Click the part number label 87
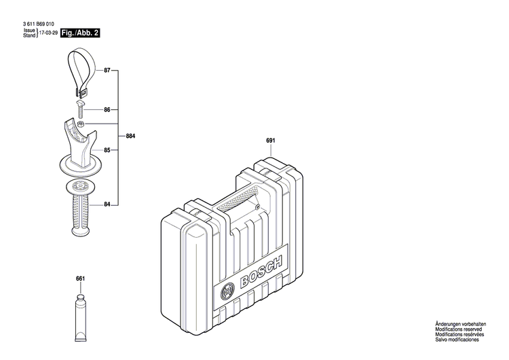tap(107, 71)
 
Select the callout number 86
tap(107, 109)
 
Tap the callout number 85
tap(107, 150)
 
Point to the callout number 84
tap(107, 203)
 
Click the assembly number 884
tap(130, 137)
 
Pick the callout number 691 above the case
tap(270, 141)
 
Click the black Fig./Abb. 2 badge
tap(81, 33)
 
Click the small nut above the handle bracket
tap(81, 124)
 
